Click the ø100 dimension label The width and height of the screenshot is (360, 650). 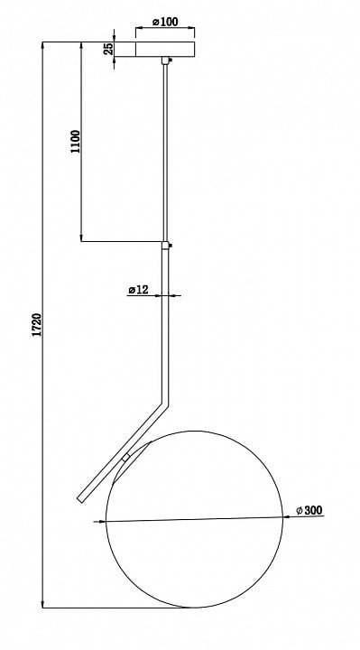click(x=165, y=22)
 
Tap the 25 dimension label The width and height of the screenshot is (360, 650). click(x=108, y=49)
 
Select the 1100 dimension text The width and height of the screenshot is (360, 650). click(x=76, y=142)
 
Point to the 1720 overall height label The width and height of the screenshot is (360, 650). click(x=37, y=325)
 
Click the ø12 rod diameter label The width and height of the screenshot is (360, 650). click(x=138, y=290)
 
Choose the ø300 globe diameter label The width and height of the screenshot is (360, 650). click(x=309, y=510)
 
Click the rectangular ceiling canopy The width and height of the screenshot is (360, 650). click(x=165, y=49)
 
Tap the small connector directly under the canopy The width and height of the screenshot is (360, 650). click(x=166, y=60)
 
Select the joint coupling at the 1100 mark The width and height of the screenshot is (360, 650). click(x=166, y=245)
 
